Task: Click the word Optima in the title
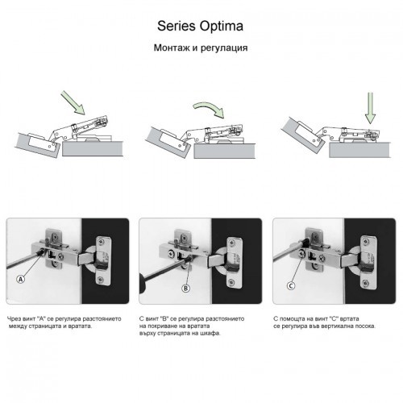click(x=222, y=27)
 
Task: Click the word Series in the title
click(x=177, y=26)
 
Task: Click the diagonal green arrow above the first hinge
click(x=73, y=102)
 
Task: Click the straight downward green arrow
click(x=370, y=108)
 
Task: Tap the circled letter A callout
click(x=21, y=279)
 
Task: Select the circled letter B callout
click(x=185, y=289)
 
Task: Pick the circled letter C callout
click(x=291, y=286)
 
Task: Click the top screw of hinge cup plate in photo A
click(x=102, y=241)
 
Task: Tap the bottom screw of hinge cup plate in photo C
click(x=365, y=283)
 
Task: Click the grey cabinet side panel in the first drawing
click(x=93, y=149)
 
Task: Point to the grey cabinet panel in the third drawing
click(x=359, y=150)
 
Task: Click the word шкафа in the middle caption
click(x=212, y=334)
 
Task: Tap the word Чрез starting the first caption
click(x=14, y=319)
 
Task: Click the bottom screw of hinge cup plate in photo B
click(x=231, y=282)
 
